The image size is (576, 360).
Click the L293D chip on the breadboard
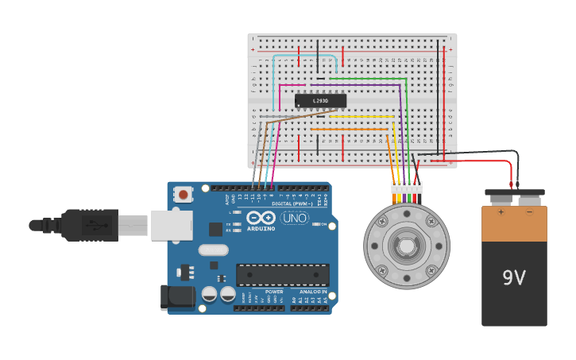point(320,101)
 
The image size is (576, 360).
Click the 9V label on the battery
point(514,278)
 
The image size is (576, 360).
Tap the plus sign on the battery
point(501,212)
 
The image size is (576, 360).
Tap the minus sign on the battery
point(529,212)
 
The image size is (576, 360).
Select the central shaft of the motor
point(406,246)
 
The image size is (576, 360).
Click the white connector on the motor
point(406,188)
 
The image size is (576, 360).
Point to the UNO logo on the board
point(295,218)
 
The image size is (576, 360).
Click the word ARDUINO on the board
point(261,229)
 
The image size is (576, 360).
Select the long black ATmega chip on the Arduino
point(282,275)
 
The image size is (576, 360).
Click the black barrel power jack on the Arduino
point(177,297)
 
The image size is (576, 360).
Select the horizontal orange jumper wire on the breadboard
point(338,129)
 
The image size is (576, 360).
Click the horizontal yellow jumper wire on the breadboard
point(361,117)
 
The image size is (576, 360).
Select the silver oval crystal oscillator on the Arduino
point(213,250)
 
